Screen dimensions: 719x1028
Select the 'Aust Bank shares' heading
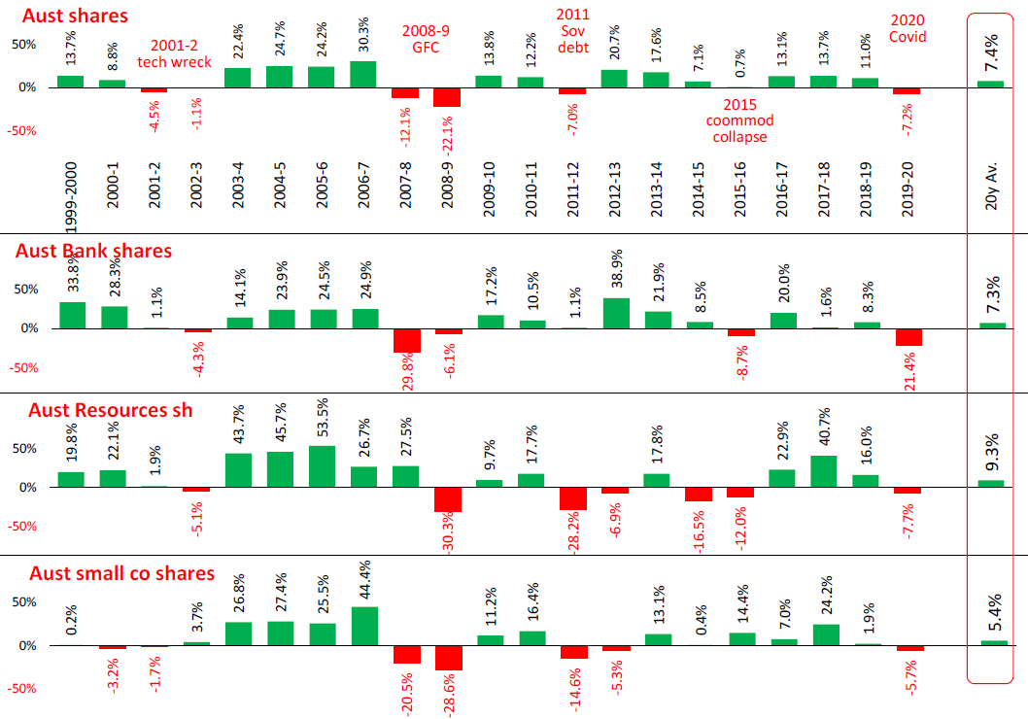(93, 251)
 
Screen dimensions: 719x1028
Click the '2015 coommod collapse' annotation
(737, 120)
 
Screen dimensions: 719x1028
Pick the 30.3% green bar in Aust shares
(363, 75)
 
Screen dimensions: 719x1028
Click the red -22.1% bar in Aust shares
(447, 97)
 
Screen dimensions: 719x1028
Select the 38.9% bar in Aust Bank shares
(614, 313)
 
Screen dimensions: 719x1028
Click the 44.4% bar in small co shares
(363, 626)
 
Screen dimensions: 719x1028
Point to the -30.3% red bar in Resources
(447, 499)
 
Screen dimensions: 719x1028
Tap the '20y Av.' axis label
(990, 206)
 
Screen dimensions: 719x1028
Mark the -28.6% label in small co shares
(447, 693)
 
